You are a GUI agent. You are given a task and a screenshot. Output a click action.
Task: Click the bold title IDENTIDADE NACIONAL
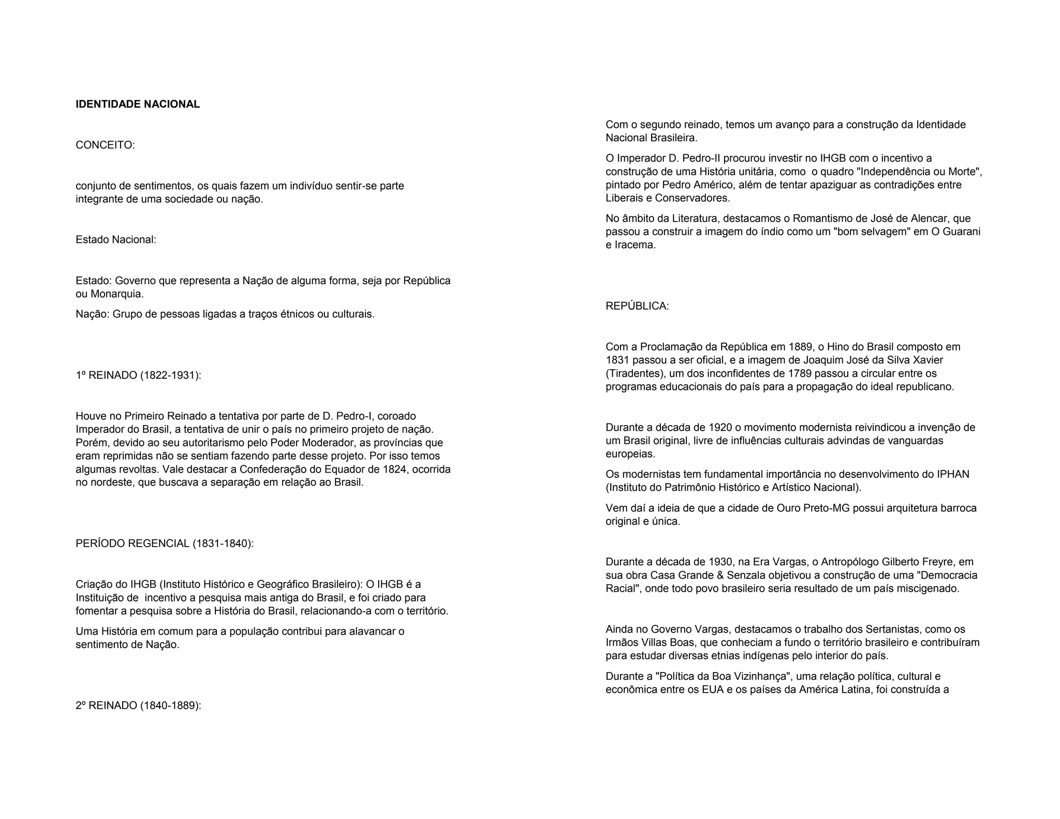(x=138, y=104)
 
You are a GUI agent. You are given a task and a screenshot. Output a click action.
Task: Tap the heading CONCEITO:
(x=105, y=145)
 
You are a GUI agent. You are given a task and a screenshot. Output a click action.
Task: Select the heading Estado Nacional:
(x=116, y=240)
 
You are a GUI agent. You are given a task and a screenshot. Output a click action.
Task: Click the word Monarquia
(x=116, y=294)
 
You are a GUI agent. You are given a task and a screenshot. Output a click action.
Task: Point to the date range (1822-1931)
(x=170, y=375)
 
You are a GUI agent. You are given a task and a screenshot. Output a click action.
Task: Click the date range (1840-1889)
(x=170, y=706)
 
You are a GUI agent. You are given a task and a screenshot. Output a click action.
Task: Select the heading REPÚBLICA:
(x=637, y=306)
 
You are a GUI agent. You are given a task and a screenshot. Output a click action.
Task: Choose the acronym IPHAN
(x=953, y=474)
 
